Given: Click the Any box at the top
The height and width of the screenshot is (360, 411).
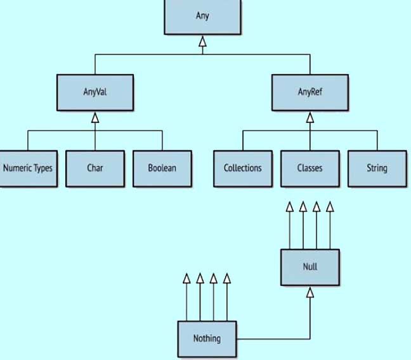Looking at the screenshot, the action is click(202, 16).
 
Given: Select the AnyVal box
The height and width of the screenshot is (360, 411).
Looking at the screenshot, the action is click(95, 93).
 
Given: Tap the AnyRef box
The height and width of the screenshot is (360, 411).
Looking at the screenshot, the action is click(310, 93).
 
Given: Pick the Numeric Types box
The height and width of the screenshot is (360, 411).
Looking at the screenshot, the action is click(29, 169).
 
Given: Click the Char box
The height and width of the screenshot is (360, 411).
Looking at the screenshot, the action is click(95, 169).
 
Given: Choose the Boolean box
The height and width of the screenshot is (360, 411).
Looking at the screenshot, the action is click(162, 169).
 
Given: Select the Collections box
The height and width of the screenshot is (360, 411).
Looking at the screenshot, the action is click(243, 169).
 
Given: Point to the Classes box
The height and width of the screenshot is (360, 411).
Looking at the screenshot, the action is click(310, 169).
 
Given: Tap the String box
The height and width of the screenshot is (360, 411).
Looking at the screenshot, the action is click(377, 169).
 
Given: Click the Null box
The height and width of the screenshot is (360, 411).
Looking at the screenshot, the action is click(310, 267).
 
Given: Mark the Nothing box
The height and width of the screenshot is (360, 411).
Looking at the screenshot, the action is click(207, 339).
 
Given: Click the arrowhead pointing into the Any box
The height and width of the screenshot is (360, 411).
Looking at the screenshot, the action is click(202, 41).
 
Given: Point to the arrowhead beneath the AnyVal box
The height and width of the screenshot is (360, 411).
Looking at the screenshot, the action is click(95, 118).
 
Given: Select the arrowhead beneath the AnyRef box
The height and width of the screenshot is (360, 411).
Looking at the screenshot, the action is click(310, 118).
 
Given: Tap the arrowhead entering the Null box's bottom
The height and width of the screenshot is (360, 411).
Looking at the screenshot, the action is click(310, 292).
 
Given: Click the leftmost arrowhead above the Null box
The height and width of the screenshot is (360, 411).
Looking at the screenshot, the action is click(290, 207).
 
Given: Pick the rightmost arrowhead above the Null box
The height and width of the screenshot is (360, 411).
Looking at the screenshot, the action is click(330, 207).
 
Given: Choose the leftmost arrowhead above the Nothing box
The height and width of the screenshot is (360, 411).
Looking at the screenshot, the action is click(186, 278).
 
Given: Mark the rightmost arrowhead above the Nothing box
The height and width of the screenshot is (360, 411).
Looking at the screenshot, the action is click(227, 278).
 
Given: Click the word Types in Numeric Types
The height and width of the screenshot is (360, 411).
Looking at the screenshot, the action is click(43, 169).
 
